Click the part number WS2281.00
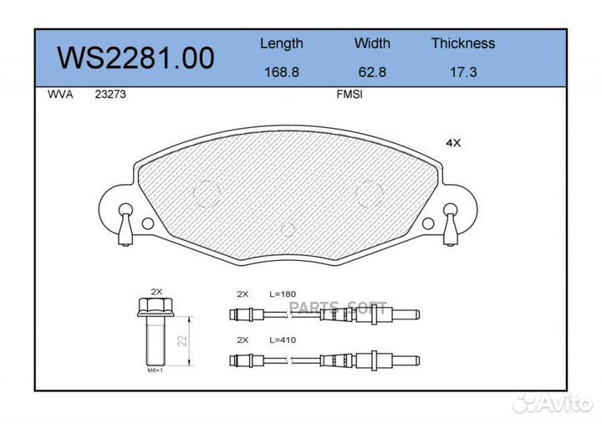pos(135,58)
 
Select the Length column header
pos(282,43)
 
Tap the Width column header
pos(371,43)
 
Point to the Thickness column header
pos(462,43)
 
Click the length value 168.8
pos(282,72)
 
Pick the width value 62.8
pos(371,72)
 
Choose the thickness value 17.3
pos(462,72)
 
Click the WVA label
pos(61,95)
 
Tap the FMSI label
pos(349,95)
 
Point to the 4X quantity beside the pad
pos(453,143)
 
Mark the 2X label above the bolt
pos(156,292)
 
